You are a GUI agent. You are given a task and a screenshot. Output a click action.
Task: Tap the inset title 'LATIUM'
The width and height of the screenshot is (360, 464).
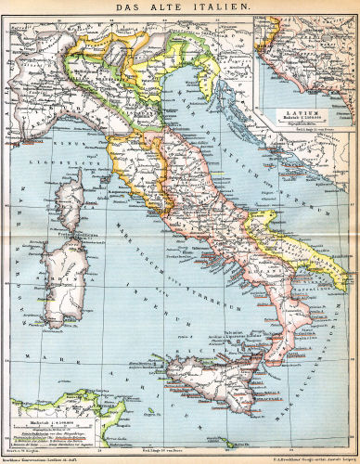point(301,111)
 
